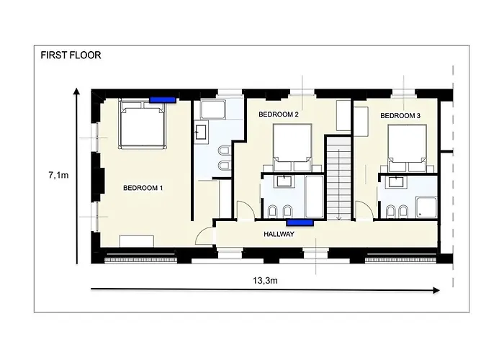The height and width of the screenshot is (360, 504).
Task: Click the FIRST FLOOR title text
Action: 71,55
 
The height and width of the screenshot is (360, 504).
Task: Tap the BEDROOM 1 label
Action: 143,188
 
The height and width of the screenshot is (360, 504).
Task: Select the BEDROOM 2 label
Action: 279,114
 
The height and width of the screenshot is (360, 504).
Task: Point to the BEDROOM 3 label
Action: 400,115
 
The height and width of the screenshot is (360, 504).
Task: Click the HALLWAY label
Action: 279,234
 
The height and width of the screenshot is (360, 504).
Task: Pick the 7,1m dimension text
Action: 58,175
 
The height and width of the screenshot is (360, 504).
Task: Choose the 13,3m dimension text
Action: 265,281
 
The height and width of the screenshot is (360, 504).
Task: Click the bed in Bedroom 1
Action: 143,124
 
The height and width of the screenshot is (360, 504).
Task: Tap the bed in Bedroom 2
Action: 292,147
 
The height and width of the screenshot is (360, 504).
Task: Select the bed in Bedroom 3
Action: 408,148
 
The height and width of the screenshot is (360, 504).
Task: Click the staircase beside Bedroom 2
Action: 339,178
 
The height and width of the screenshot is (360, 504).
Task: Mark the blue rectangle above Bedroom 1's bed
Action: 163,100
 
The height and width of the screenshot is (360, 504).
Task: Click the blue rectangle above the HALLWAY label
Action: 300,222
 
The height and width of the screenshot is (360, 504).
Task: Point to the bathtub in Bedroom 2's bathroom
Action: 314,197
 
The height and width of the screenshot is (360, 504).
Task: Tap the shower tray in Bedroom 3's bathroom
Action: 426,207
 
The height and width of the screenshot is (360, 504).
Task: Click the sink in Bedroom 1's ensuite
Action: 201,132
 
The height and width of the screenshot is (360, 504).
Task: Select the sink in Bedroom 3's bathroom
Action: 396,182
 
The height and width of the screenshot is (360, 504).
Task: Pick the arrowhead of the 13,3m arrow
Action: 436,290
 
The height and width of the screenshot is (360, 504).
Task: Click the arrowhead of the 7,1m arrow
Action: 76,91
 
